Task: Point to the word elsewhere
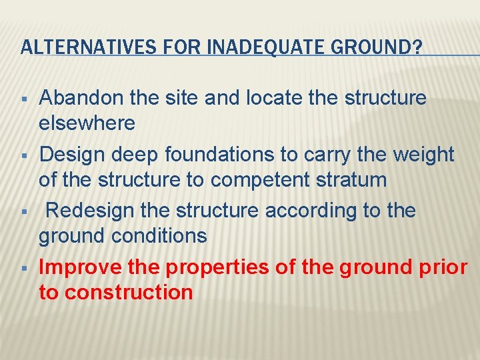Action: tap(87, 123)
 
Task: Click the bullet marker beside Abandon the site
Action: tap(24, 99)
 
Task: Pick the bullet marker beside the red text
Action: tap(24, 269)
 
